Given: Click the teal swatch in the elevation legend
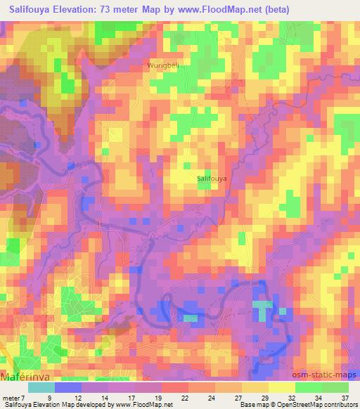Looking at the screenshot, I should [41, 387].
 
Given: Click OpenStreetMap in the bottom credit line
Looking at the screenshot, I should [295, 405].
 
